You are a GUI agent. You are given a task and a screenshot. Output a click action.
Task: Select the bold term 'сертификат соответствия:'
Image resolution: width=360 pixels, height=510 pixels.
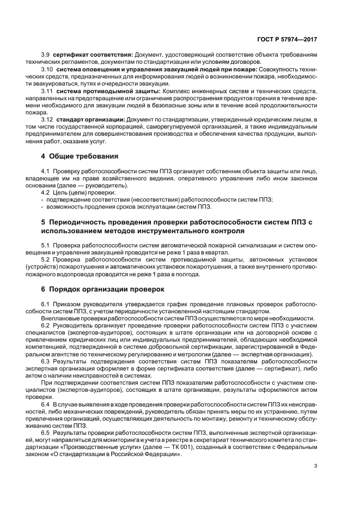click(92, 55)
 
